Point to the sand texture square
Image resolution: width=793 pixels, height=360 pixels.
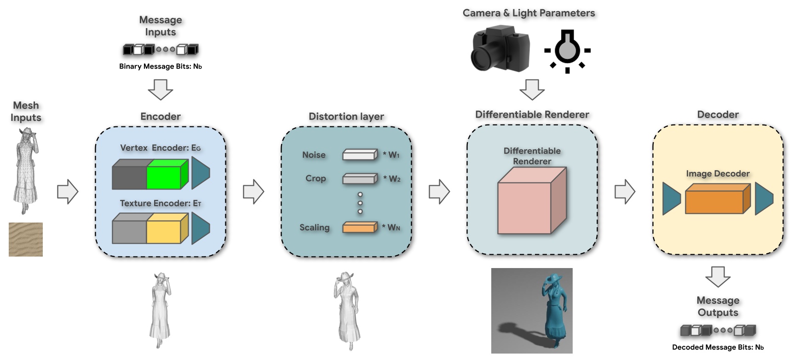point(26,240)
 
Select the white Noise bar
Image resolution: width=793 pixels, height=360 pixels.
point(360,155)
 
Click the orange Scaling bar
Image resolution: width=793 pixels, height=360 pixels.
point(360,227)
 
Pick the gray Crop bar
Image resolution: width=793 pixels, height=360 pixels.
point(360,178)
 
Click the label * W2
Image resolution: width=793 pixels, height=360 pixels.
point(392,178)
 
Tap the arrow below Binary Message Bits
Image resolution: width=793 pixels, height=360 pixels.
point(161,89)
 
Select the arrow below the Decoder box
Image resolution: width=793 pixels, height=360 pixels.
point(718,276)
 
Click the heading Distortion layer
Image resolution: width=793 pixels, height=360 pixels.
point(346,116)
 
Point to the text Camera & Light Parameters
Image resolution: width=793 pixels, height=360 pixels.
point(529,13)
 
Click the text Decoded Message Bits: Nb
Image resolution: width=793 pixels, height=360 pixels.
point(718,347)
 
